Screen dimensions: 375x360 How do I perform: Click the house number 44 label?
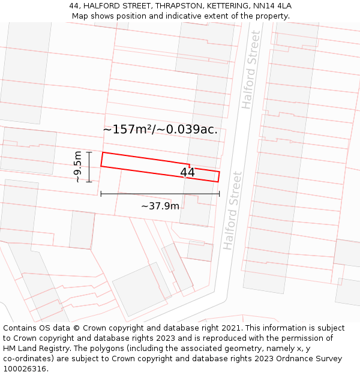point(187,173)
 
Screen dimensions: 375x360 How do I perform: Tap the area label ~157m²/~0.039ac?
point(160,130)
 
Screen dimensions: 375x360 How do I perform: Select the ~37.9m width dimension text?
point(160,206)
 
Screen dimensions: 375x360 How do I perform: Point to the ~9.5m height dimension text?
point(78,166)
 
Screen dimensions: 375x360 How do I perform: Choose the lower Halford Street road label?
point(232,211)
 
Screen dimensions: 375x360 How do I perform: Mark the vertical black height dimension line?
point(89,167)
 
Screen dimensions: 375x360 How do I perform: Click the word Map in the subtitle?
point(80,16)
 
